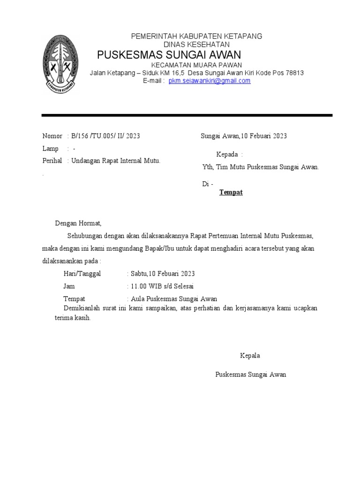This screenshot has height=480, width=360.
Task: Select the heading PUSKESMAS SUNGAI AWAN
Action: tap(169, 55)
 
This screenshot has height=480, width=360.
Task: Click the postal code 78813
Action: tap(294, 73)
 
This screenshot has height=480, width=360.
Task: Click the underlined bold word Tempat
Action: tap(231, 192)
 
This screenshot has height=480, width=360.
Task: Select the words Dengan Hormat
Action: tap(78, 223)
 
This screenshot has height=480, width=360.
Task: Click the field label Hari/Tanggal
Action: tap(82, 274)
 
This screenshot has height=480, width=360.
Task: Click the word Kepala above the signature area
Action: tap(250, 356)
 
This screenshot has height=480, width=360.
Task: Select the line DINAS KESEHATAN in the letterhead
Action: tap(196, 44)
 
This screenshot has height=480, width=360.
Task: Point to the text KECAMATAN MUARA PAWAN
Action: tap(196, 65)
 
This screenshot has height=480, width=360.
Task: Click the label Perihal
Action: tap(52, 161)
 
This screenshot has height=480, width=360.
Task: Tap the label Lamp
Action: tap(50, 149)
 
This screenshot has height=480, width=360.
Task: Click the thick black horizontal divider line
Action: tap(187, 115)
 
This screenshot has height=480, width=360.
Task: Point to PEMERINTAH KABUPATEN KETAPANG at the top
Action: tap(196, 36)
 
